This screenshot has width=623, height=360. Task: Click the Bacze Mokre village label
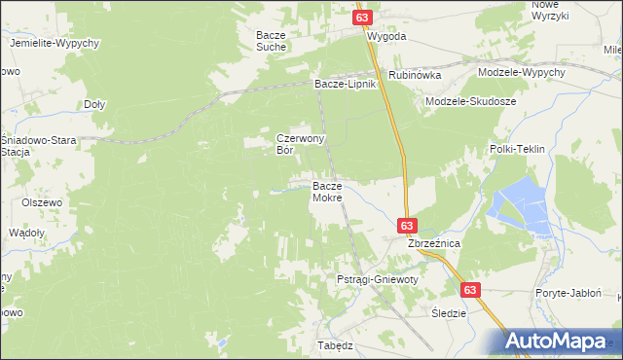coord(326,191)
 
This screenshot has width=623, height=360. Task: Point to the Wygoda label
coord(386,36)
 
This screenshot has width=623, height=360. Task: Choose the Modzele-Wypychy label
coord(522,73)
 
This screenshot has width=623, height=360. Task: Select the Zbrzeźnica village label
coord(433,242)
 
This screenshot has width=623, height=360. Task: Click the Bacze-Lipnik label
coord(344,84)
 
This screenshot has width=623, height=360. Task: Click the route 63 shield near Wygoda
coord(362,18)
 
